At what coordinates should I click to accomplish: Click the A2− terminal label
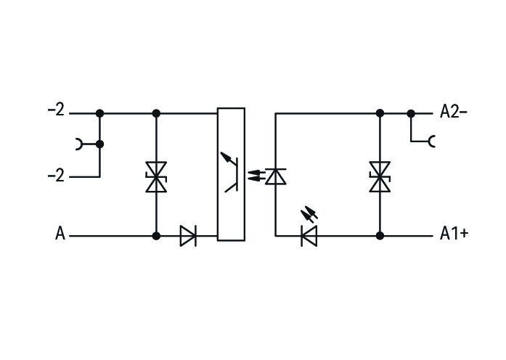[454, 112]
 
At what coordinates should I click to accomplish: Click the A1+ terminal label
[454, 234]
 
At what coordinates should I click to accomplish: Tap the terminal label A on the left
[60, 234]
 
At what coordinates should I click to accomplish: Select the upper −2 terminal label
[56, 110]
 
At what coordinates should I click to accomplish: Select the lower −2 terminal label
[56, 176]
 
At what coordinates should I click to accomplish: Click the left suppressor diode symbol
[156, 177]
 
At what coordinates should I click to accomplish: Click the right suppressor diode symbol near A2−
[380, 177]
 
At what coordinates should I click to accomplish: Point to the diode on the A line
[188, 236]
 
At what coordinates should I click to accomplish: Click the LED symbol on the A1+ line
[309, 236]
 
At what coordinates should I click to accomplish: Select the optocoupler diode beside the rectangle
[276, 176]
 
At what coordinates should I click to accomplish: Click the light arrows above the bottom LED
[309, 214]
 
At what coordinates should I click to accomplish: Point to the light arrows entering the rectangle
[256, 175]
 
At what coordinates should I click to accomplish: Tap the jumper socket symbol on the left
[78, 144]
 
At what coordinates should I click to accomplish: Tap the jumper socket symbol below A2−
[432, 142]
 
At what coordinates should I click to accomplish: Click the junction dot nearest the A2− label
[411, 113]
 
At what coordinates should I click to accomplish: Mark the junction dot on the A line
[156, 236]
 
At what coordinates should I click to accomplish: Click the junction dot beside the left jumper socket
[99, 144]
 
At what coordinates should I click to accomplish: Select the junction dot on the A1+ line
[380, 236]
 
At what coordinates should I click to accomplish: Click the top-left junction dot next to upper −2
[99, 113]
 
